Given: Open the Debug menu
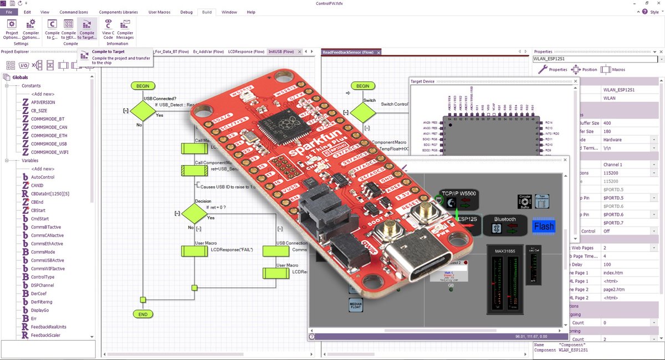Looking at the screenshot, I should click(186, 12).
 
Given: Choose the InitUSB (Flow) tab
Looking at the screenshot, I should click(282, 52).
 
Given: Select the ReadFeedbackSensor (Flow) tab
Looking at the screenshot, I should click(348, 52).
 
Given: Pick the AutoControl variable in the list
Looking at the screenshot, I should click(43, 177).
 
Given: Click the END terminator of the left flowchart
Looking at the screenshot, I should click(143, 314).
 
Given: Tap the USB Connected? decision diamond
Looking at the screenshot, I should click(143, 111).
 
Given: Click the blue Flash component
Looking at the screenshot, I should click(544, 227).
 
